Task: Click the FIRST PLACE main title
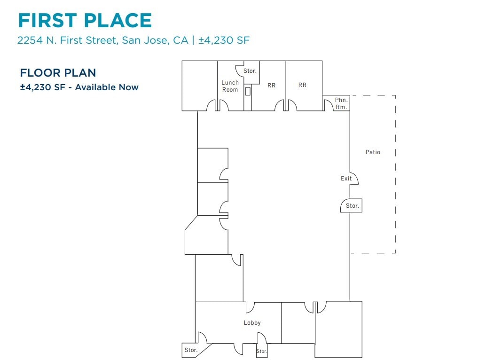85,21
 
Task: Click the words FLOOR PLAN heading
58,73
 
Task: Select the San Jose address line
133,40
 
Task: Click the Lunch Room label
230,86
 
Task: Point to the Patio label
373,152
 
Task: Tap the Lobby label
252,323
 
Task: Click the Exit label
346,179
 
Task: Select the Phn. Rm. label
341,104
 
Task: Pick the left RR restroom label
271,86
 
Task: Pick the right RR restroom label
302,85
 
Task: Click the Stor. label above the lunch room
250,71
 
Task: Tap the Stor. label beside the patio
353,206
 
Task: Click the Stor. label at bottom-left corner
191,350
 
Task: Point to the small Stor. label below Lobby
262,352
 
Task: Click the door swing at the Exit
354,178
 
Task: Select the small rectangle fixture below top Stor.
248,91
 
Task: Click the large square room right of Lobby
338,329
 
